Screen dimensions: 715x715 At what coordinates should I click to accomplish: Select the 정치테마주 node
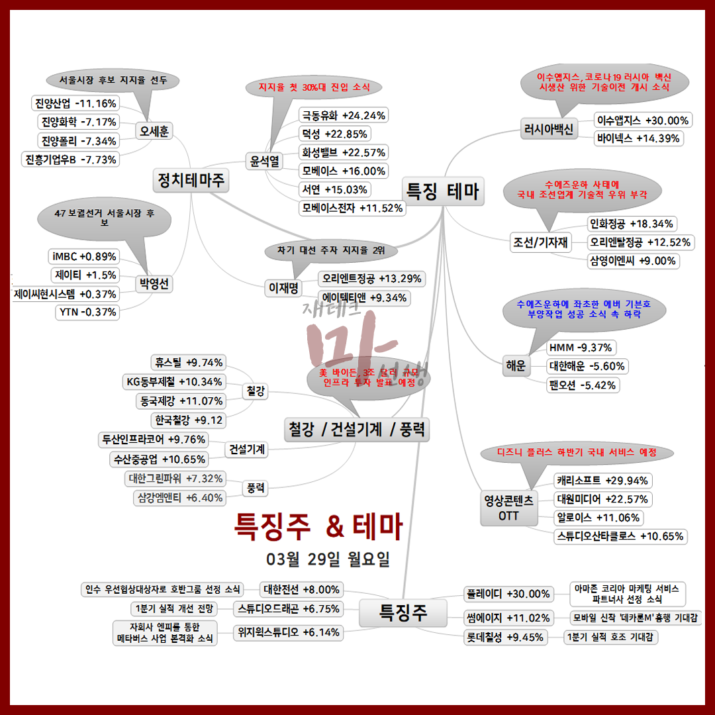191,179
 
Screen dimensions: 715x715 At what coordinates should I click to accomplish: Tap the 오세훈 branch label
154,131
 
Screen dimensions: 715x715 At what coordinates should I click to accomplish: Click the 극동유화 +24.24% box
344,115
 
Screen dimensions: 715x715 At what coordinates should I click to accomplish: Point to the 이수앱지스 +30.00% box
643,120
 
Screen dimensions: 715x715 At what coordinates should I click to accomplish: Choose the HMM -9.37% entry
581,347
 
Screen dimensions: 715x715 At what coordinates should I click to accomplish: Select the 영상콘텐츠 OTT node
508,507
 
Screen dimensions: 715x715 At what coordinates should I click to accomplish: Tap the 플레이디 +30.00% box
508,594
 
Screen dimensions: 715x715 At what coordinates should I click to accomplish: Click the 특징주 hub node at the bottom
403,613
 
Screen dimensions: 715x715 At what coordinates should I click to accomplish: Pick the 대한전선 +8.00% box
302,589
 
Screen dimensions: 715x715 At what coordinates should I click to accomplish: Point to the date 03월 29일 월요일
328,559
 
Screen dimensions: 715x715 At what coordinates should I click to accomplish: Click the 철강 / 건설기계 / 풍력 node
357,430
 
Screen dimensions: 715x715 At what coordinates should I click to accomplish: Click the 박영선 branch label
154,285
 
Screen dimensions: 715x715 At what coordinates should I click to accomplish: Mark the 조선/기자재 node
540,242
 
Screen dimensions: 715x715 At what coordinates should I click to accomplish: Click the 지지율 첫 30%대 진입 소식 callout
310,87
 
